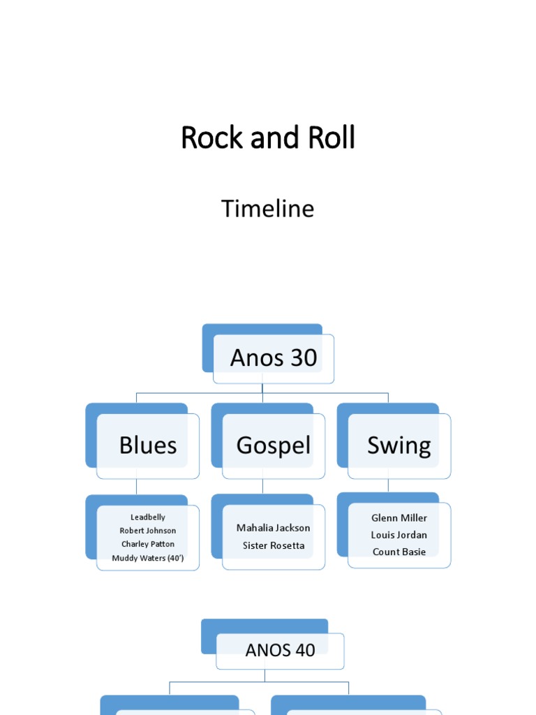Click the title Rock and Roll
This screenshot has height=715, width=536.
click(x=268, y=138)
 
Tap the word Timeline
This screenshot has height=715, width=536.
click(x=268, y=209)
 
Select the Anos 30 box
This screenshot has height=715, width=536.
click(x=274, y=358)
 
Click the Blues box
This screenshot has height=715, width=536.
click(x=148, y=445)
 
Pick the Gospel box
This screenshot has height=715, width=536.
click(x=274, y=445)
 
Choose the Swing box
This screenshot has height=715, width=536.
click(x=399, y=445)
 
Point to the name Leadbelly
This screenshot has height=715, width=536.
click(x=148, y=517)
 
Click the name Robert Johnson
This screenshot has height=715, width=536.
click(x=148, y=531)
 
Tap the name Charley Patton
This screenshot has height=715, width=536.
click(x=148, y=544)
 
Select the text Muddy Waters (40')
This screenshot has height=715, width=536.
click(x=148, y=558)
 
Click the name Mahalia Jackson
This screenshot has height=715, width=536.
click(x=274, y=528)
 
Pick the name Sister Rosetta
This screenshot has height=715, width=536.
click(x=274, y=545)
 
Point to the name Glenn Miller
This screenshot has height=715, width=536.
click(x=399, y=518)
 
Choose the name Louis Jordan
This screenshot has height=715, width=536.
click(x=399, y=535)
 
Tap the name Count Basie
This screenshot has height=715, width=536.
click(x=399, y=552)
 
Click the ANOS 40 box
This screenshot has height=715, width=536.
click(x=280, y=651)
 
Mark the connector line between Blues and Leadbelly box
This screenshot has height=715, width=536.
click(x=137, y=487)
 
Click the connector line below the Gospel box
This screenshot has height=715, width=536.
click(x=262, y=486)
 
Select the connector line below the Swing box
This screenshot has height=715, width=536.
click(x=388, y=485)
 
